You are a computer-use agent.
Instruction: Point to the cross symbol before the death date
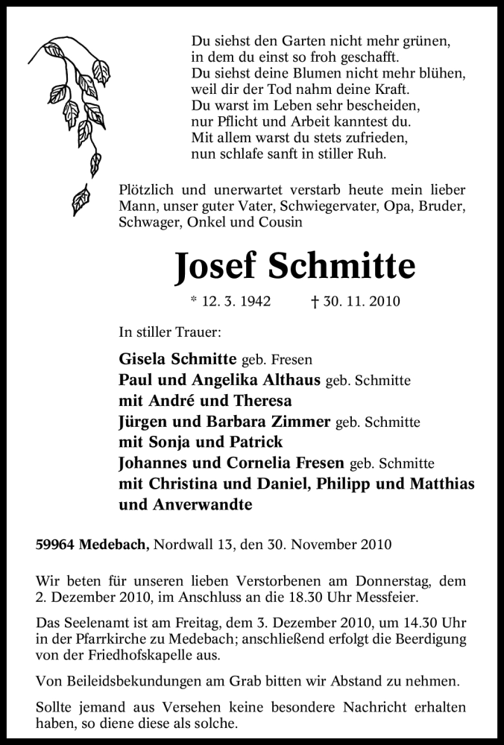click(x=315, y=302)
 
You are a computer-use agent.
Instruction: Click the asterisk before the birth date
click(x=194, y=302)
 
